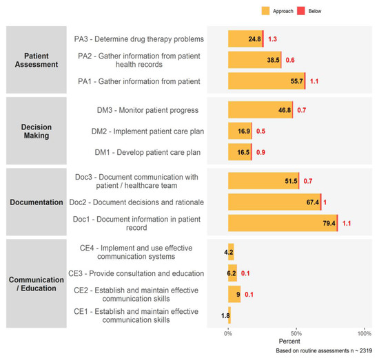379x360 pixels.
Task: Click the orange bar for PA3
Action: coord(245,39)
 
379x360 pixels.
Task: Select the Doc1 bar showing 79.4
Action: coord(283,223)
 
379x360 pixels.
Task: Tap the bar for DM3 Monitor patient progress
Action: coord(260,110)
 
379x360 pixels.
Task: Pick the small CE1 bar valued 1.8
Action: coord(229,315)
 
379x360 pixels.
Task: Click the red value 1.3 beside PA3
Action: coord(272,39)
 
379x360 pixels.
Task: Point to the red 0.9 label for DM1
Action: coord(260,152)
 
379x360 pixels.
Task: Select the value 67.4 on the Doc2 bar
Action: coord(313,202)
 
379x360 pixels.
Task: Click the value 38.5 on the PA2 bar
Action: coord(273,60)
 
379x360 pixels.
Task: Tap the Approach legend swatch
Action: coord(265,11)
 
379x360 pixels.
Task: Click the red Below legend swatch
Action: coord(301,11)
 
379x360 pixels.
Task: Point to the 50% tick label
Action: coord(296,334)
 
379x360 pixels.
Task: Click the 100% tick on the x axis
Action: coord(365,334)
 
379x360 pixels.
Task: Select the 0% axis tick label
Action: coord(228,334)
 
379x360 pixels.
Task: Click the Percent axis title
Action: coord(289,341)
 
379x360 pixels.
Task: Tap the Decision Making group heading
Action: coord(37,131)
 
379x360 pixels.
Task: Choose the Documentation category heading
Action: coord(37,202)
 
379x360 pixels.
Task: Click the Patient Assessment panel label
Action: coord(37,60)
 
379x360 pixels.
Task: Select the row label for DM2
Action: coord(147,131)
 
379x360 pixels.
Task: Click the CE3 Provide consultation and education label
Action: coord(136,273)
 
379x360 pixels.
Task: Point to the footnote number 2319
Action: coord(366,350)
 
